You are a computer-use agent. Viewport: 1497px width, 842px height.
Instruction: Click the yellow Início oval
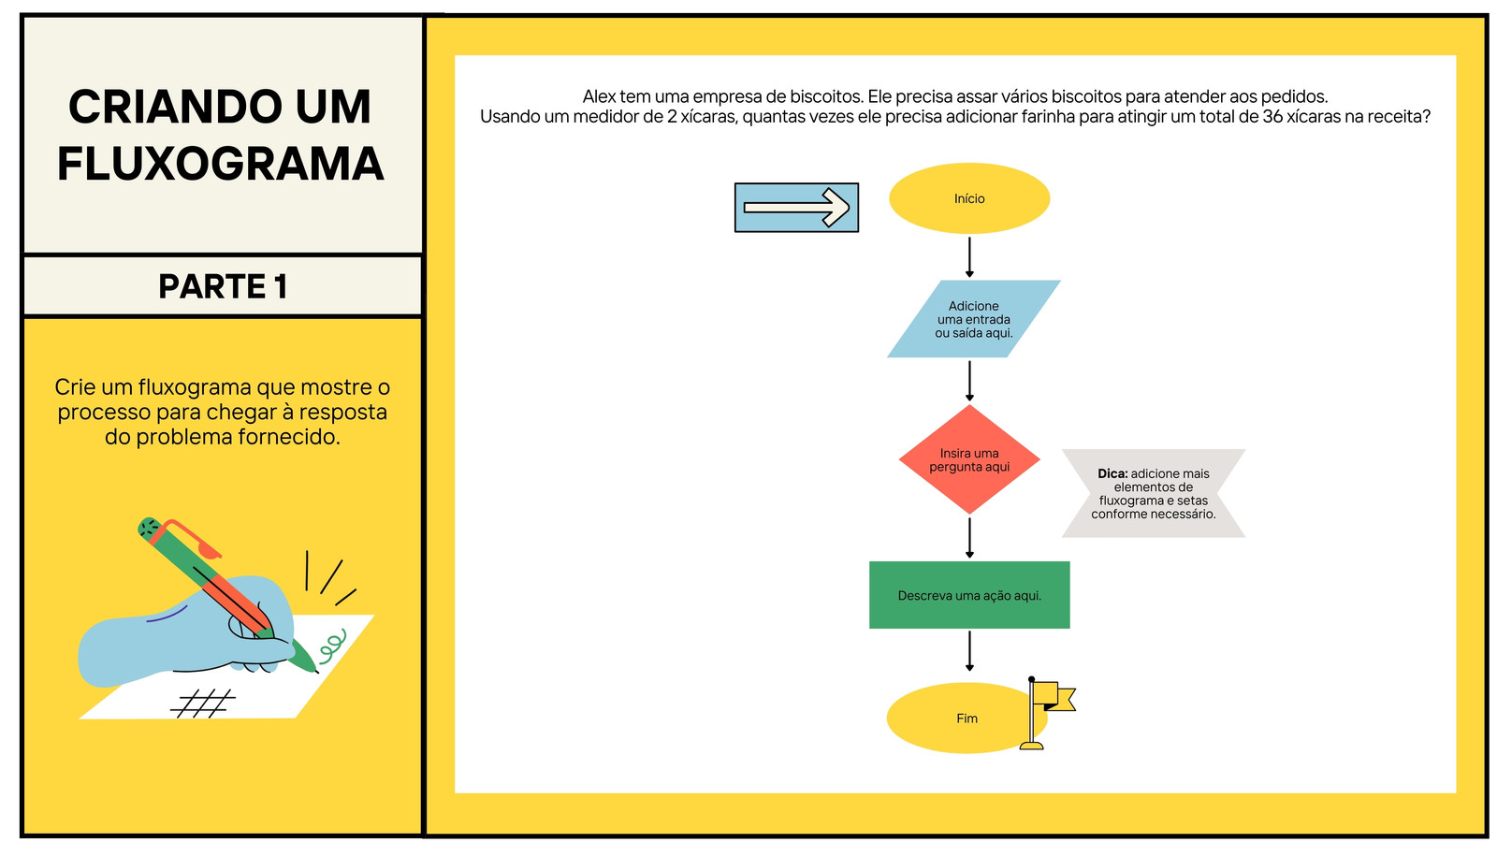point(969,198)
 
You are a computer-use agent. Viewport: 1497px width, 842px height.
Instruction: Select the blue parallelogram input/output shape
point(974,319)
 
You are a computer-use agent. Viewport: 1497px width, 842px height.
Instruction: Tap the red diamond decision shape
point(969,459)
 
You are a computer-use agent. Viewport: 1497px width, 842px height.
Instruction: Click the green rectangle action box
point(969,595)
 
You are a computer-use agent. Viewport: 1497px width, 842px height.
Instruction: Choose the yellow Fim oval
point(963,719)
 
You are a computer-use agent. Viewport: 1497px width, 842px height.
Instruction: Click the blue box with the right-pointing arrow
point(796,208)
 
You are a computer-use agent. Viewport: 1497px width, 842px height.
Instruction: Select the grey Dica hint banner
point(1154,493)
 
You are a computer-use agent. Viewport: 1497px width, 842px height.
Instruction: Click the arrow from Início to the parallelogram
point(969,257)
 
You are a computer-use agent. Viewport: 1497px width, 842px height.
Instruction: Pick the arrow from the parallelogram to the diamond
point(969,381)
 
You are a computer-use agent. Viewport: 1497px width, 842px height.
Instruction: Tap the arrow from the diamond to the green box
point(969,538)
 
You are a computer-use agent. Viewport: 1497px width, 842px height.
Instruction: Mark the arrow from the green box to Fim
point(969,651)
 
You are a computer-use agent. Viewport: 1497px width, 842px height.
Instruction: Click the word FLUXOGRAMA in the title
point(221,164)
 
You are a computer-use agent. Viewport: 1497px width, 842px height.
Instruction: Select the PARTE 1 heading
point(224,286)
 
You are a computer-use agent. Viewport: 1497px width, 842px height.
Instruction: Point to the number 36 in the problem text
point(1272,116)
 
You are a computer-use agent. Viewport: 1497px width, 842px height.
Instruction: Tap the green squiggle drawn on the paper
point(333,644)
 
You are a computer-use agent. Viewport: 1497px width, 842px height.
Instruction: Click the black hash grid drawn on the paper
point(203,704)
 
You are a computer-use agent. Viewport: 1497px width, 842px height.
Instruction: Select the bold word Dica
point(1112,473)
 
